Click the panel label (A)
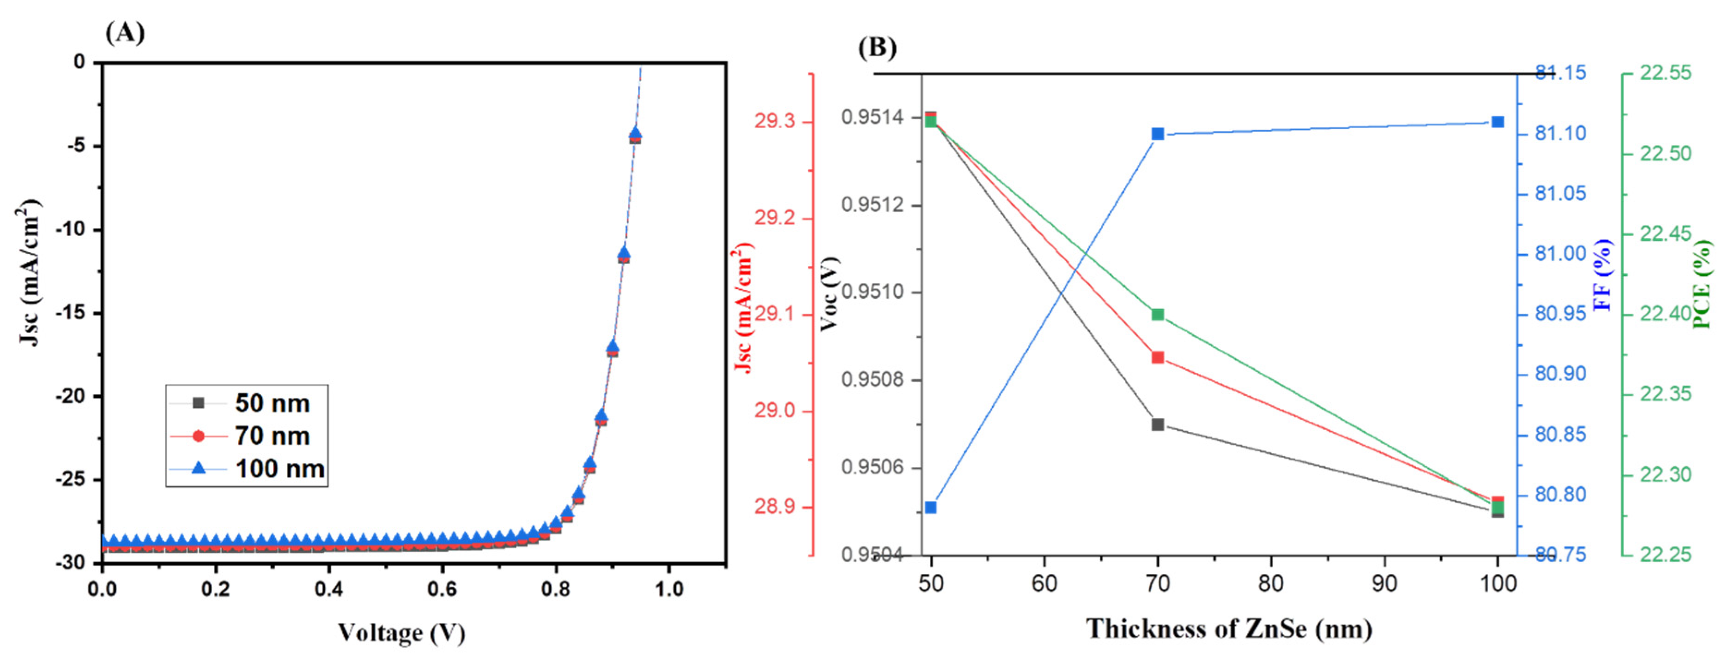(125, 32)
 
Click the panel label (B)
(877, 47)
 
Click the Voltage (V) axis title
(401, 632)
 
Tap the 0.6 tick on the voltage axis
(442, 589)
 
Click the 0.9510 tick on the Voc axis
(871, 293)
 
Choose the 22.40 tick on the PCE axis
(1666, 314)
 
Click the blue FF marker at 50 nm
(930, 508)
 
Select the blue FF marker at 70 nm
(1158, 134)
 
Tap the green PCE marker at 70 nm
(1158, 314)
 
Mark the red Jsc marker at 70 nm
(1158, 357)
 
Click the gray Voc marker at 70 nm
(1158, 424)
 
